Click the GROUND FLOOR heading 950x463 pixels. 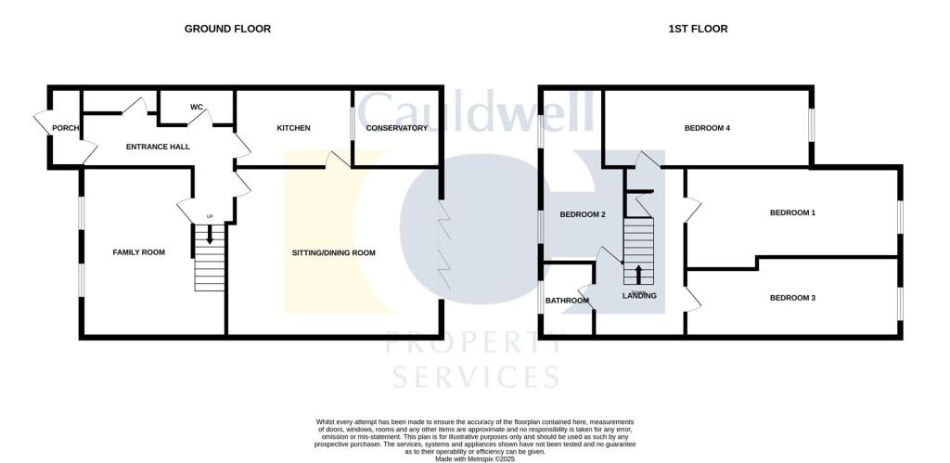coord(227,29)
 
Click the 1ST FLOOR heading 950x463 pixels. coord(698,29)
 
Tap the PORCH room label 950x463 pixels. coord(65,128)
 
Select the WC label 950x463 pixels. coord(197,108)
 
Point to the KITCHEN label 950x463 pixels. coord(293,128)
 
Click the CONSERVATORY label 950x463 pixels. coord(396,128)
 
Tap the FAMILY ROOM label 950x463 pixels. coord(139,251)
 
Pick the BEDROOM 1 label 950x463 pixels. coord(792,212)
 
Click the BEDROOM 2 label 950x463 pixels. coord(583,214)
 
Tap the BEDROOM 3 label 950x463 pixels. coord(792,298)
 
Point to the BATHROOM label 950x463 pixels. coord(567,301)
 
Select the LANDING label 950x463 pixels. coord(638,296)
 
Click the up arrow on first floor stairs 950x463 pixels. coord(638,274)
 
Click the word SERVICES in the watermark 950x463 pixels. coord(476,377)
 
